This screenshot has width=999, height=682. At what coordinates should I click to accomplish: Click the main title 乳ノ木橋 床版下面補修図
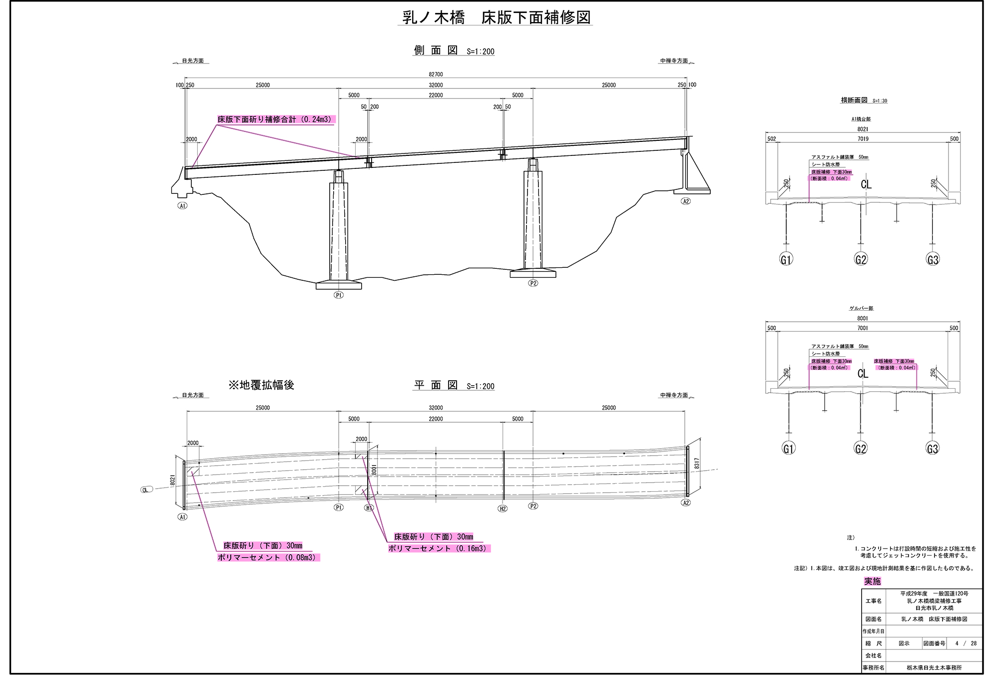pos(497,18)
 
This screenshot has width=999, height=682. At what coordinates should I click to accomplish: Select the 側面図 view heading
pos(436,50)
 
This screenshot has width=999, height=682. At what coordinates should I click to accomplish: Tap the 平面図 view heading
pos(436,385)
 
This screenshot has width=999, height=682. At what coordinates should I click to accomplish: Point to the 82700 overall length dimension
pos(436,74)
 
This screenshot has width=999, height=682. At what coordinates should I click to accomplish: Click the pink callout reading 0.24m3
pos(276,120)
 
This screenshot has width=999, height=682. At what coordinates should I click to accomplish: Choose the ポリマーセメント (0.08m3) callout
pos(268,558)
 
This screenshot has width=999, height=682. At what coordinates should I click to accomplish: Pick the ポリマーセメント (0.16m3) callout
pos(439,549)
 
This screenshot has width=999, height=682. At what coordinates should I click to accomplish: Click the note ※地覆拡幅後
pos(261,385)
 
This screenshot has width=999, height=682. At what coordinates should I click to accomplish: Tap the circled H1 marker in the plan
pos(369,508)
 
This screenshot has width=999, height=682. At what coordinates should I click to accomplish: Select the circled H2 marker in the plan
pos(502,509)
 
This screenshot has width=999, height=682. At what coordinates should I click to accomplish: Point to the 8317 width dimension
pos(697,464)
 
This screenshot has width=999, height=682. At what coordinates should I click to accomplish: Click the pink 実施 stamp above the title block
pos(873,581)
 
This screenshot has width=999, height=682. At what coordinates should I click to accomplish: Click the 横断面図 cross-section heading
pos(854,100)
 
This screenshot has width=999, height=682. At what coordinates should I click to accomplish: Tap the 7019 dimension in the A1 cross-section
pos(863,139)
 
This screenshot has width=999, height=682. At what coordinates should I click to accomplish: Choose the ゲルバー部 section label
pos(862,308)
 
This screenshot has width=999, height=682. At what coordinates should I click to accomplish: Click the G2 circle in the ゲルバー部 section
pos(861,449)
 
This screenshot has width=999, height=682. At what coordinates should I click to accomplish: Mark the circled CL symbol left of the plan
pos(145,490)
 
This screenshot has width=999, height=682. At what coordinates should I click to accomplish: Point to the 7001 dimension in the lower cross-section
pos(863,328)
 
